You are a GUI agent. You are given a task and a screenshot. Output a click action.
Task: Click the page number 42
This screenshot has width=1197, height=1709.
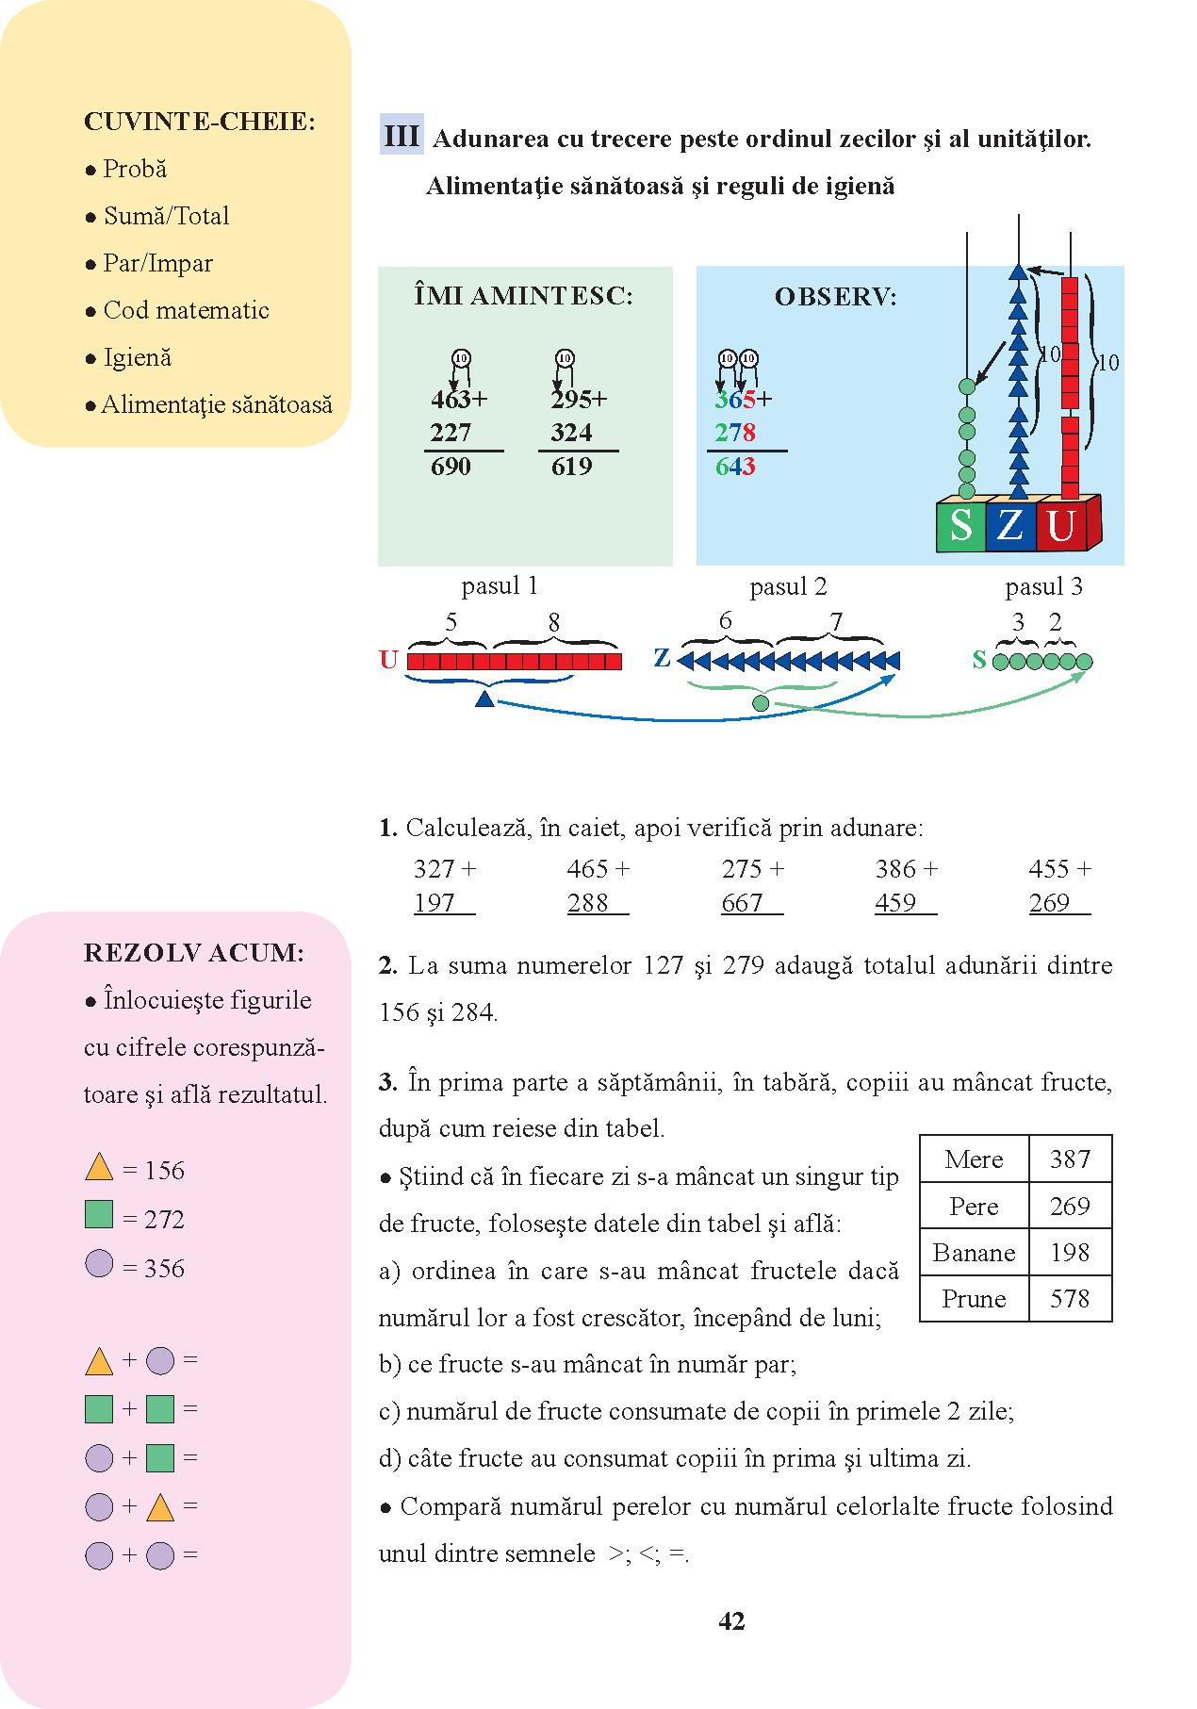coord(731,1620)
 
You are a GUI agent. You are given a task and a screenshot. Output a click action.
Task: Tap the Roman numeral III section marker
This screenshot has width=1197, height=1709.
coord(402,137)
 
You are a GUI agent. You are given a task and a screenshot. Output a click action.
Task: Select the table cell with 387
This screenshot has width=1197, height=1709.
coord(1070,1159)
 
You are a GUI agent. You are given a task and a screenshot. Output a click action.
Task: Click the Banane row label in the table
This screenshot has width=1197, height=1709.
coord(974,1252)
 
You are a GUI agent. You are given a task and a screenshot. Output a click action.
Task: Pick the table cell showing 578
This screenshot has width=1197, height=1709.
coord(1070,1298)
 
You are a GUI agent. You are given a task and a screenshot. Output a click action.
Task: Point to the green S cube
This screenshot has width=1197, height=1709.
coord(959,525)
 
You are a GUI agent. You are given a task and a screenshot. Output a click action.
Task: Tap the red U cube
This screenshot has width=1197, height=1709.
coord(1061,525)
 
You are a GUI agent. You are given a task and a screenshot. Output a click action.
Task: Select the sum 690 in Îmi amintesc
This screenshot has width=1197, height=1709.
coord(451,467)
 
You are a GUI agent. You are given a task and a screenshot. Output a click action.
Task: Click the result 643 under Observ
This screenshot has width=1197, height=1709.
coord(735,467)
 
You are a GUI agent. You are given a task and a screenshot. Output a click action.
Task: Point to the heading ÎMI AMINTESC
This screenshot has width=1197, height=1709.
coord(523,296)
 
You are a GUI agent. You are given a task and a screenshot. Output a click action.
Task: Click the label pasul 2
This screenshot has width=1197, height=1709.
coord(788,587)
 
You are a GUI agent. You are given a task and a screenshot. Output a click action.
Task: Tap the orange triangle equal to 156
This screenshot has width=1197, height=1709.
coord(99,1169)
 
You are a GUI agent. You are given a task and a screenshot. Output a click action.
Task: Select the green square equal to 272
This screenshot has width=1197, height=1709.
coord(99,1214)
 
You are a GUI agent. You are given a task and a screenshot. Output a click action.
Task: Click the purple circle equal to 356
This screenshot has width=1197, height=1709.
coord(99,1263)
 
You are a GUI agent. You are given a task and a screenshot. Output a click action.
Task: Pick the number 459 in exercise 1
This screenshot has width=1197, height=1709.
coord(895,902)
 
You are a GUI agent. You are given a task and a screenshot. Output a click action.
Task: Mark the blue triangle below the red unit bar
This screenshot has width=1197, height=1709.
coord(484,698)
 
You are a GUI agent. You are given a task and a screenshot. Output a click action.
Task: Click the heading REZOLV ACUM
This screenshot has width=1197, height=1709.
coord(194,953)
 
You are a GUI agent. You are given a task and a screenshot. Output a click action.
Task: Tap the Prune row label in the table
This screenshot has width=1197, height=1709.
coord(974,1298)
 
